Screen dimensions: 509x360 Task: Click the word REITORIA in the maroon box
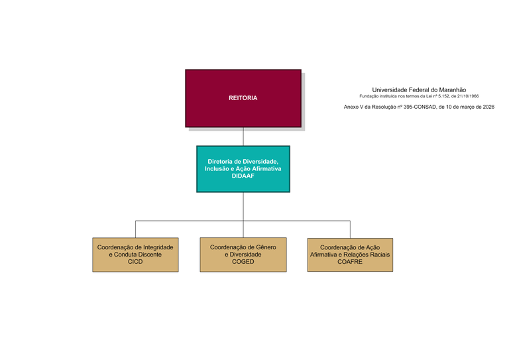243,98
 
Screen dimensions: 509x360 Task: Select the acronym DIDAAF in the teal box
243,176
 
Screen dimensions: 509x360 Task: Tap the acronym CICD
135,262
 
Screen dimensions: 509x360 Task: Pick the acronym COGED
243,262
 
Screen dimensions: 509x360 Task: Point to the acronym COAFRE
350,262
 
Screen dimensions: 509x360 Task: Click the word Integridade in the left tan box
158,247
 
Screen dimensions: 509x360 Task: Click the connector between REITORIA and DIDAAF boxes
243,137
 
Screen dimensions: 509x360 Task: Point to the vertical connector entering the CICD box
135,229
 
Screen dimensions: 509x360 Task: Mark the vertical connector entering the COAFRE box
350,229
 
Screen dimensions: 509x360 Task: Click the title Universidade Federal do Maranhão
419,90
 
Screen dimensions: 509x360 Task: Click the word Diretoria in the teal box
220,161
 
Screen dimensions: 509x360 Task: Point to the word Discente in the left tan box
150,255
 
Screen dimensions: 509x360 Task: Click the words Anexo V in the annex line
353,107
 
